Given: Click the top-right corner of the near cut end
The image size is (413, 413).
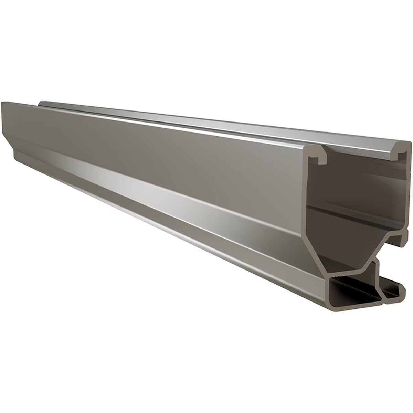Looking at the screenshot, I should coord(410,145).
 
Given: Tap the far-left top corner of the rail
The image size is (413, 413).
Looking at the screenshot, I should coord(3,103).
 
